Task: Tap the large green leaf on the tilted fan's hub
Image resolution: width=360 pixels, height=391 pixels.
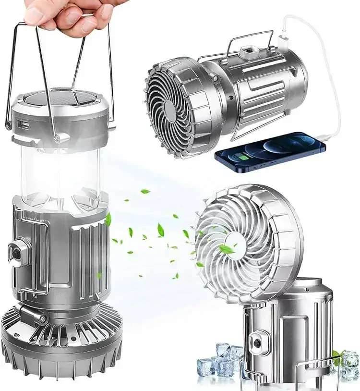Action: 227,249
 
